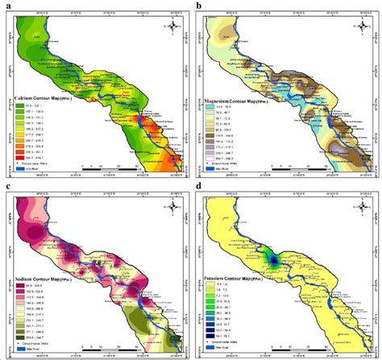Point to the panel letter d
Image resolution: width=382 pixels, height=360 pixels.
pyautogui.click(x=198, y=185)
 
